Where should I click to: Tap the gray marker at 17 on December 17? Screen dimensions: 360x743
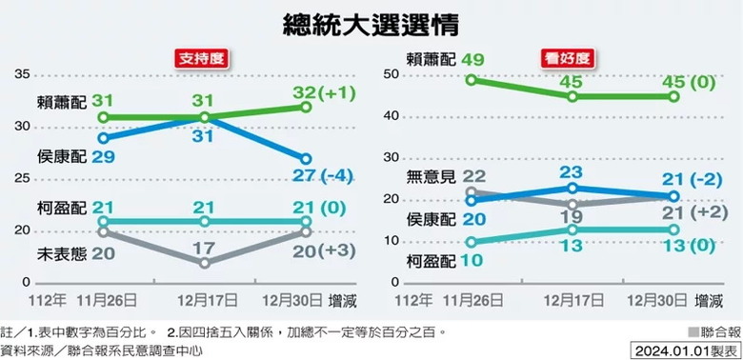pos(205,263)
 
